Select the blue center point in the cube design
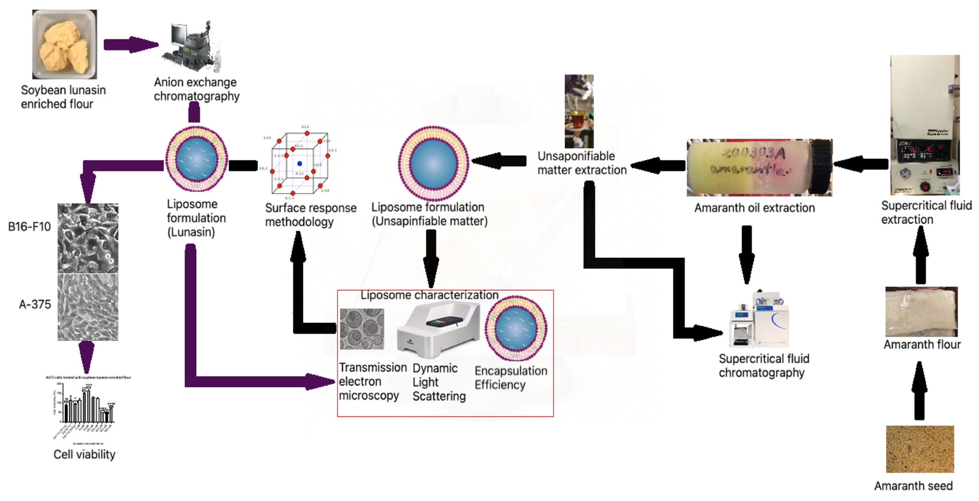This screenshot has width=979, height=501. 300,163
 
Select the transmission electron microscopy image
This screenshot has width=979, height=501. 362,329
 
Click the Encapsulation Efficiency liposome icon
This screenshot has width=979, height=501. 516,328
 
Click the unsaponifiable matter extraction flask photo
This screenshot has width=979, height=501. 578,111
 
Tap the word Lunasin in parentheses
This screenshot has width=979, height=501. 191,232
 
